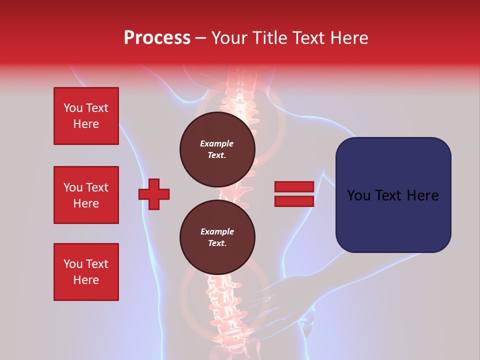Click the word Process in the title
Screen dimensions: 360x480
pos(157,38)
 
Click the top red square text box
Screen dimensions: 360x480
pos(86,116)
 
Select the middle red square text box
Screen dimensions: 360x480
pos(86,195)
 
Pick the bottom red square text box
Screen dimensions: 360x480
pos(86,272)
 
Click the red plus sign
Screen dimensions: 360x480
pos(154,194)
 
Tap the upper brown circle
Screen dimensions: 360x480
pos(217,149)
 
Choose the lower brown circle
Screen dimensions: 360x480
pos(217,237)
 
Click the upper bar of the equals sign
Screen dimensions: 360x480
pos(294,186)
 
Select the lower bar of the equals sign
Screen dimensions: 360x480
pos(294,201)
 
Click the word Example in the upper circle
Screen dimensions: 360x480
pos(217,143)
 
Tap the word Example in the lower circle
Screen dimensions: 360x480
pos(217,231)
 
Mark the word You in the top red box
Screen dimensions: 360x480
pos(72,108)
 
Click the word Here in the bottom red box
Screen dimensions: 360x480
pos(86,280)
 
